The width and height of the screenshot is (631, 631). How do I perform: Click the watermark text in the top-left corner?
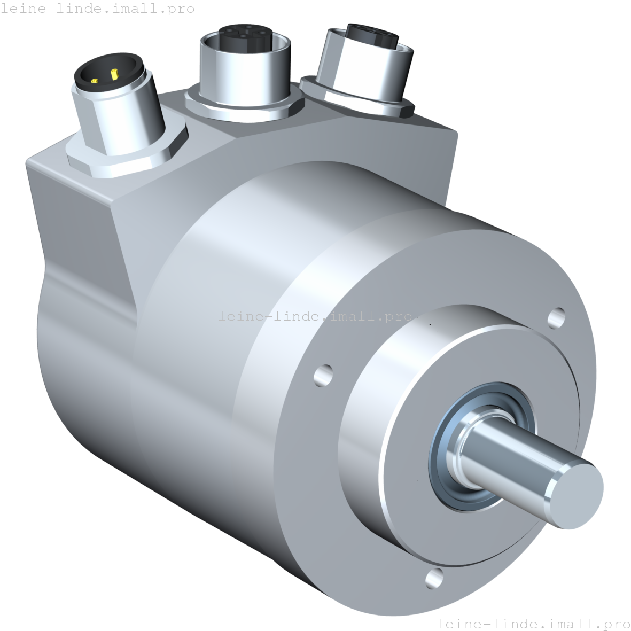(x=98, y=9)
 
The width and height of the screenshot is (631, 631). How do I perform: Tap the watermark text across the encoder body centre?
(x=315, y=316)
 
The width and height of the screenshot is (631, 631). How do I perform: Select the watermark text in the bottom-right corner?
(x=533, y=624)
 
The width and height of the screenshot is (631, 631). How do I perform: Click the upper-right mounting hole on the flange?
(x=556, y=318)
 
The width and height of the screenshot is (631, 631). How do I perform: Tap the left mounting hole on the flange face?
(x=323, y=375)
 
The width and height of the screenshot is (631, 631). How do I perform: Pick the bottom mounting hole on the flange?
(x=434, y=578)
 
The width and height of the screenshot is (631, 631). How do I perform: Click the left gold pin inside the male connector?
(x=95, y=81)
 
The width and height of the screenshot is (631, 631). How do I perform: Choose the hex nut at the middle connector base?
(x=240, y=107)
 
